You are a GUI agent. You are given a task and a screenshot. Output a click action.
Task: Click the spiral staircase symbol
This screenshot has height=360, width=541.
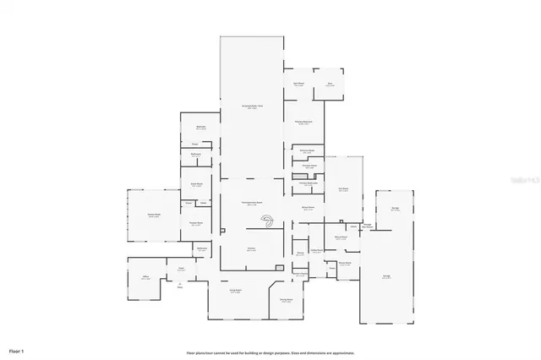click(267, 223)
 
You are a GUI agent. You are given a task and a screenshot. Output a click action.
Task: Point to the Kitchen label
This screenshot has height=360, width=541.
click(252, 249)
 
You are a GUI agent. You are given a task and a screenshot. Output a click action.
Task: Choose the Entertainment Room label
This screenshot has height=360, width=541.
click(251, 205)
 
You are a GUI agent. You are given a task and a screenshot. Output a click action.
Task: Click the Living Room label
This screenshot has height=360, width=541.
click(237, 292)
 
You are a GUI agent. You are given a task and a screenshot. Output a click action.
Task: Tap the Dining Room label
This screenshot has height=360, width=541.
click(286, 300)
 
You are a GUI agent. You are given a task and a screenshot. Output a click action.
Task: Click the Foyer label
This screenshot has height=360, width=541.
click(181, 270)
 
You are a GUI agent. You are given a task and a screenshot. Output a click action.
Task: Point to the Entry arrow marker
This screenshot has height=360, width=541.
click(180, 285)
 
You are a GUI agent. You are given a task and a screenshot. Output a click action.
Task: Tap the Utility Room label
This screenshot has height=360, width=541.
click(316, 250)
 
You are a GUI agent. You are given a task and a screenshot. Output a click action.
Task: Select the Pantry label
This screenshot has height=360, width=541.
click(300, 253)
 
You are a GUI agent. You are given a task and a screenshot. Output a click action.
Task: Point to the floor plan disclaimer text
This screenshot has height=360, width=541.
click(270, 352)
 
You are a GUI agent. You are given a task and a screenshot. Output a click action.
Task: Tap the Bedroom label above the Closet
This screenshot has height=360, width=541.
click(201, 127)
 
